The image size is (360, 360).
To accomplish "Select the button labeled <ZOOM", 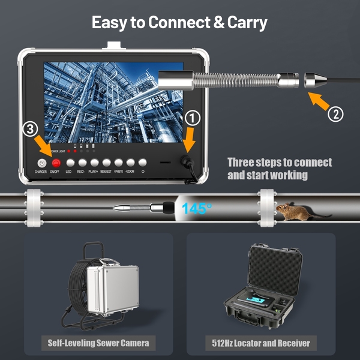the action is coord(130,163).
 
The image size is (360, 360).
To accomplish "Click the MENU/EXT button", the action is coord(106,163).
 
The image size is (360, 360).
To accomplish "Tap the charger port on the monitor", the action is coord(41,163).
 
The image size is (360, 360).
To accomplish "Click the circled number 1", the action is coord(191,118).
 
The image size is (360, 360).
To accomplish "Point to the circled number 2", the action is coord(337,113).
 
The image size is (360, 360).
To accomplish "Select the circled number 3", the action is coord(31,128).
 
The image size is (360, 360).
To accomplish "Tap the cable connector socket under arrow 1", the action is coord(185,162).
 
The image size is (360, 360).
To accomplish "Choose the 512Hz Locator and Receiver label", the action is coord(261,343).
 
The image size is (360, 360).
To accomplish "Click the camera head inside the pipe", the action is coord(161,207).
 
